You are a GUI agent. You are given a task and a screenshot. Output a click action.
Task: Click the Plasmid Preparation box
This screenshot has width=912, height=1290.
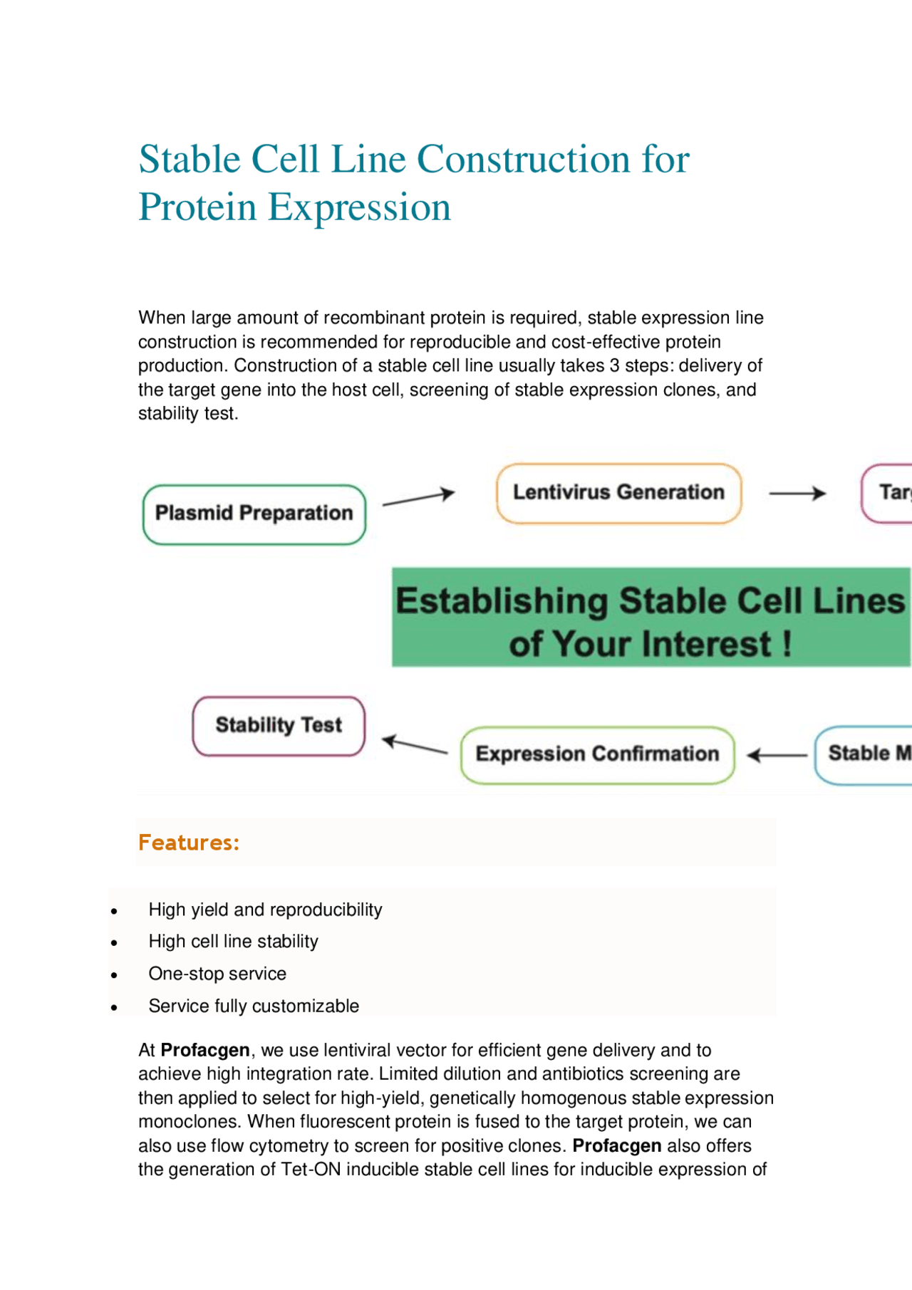pyautogui.click(x=254, y=514)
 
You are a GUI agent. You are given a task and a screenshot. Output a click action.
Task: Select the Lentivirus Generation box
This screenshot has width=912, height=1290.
pyautogui.click(x=618, y=493)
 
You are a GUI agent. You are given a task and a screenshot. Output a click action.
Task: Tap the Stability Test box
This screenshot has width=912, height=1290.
pyautogui.click(x=279, y=726)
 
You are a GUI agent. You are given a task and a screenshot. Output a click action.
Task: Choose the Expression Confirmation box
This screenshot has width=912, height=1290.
pyautogui.click(x=597, y=754)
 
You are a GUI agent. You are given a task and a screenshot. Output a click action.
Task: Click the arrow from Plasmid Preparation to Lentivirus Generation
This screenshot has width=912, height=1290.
pyautogui.click(x=418, y=497)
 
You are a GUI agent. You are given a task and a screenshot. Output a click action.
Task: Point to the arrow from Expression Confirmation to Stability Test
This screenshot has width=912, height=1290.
pyautogui.click(x=415, y=746)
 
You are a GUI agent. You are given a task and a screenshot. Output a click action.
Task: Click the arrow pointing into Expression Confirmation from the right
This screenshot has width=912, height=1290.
pyautogui.click(x=777, y=755)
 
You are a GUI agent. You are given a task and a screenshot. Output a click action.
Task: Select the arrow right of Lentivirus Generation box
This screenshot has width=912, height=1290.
pyautogui.click(x=797, y=493)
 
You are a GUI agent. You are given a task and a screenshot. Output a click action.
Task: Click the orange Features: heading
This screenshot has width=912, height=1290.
pyautogui.click(x=189, y=843)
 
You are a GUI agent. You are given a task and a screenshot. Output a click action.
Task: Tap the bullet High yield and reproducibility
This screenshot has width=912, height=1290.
pyautogui.click(x=265, y=910)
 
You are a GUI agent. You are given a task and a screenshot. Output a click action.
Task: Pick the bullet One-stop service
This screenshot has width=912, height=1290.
pyautogui.click(x=217, y=974)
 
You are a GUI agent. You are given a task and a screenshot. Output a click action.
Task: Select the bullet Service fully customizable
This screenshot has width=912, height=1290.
pyautogui.click(x=254, y=1006)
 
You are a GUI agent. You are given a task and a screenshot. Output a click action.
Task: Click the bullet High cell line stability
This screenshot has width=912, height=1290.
pyautogui.click(x=233, y=942)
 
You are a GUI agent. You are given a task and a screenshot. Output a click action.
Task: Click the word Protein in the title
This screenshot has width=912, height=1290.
pyautogui.click(x=197, y=207)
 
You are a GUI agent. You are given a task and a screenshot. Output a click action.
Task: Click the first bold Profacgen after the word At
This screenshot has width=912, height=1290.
pyautogui.click(x=205, y=1050)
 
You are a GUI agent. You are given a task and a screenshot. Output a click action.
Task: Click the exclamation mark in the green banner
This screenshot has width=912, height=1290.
pyautogui.click(x=787, y=644)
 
